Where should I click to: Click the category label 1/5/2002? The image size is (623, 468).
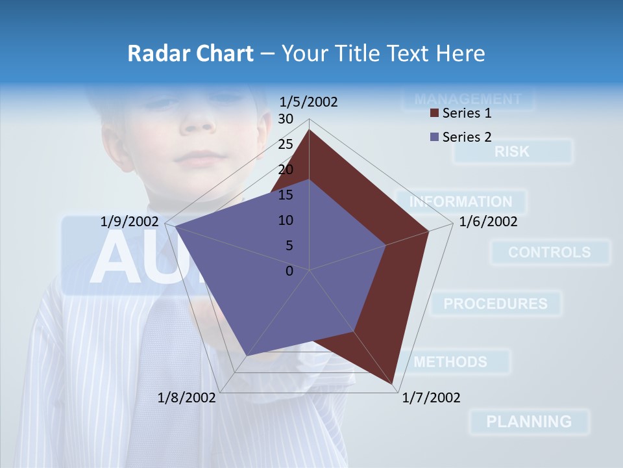pos(309,102)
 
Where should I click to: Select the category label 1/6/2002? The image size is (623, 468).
pos(488,222)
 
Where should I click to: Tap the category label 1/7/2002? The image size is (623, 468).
pos(431,398)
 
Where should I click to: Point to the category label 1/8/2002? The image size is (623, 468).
pos(187,398)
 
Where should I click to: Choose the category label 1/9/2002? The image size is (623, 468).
pos(130,222)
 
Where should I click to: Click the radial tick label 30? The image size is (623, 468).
pos(286,119)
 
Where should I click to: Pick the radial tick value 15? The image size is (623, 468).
pos(286,195)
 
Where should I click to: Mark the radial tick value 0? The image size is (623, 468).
pos(289,271)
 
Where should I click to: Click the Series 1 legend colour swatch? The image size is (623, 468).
pos(435,114)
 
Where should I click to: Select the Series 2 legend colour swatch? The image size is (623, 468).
pos(435,137)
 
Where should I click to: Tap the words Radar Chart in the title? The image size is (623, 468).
pos(190,53)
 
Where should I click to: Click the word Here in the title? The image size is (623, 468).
pos(460,53)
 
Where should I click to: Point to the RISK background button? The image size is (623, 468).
pos(513,151)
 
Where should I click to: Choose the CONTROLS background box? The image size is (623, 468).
pos(550,252)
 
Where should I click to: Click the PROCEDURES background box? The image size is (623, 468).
pos(496,304)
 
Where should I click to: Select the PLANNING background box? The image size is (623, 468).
pos(529,421)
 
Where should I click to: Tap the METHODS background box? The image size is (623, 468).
pos(450,361)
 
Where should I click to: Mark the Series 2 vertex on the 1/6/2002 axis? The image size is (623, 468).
pos(385,246)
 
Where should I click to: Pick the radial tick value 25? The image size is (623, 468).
pos(286,144)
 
